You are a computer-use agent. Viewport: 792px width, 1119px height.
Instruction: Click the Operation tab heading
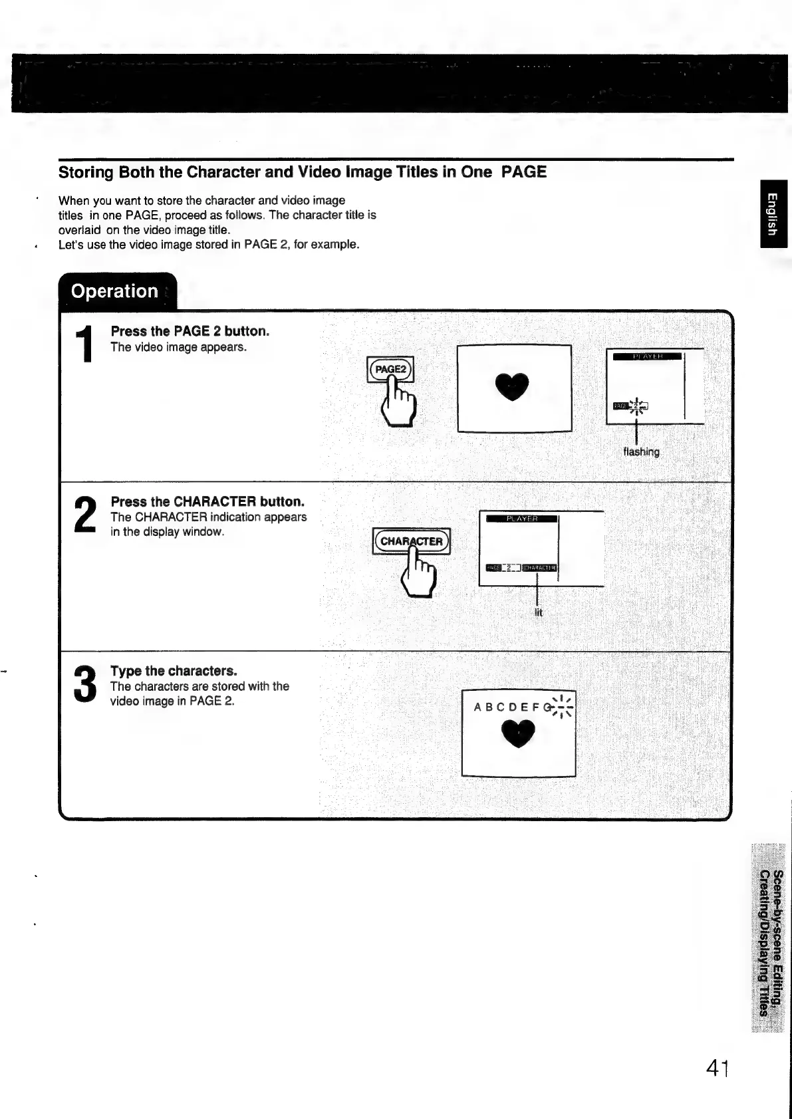(x=114, y=291)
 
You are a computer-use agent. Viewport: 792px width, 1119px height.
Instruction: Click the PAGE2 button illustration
(x=390, y=369)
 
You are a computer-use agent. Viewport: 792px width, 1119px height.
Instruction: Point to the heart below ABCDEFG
(x=518, y=734)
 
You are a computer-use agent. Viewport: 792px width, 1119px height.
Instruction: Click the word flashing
(x=641, y=452)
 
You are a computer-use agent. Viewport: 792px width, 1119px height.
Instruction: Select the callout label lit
(x=539, y=612)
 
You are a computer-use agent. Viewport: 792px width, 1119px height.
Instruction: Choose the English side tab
(x=773, y=213)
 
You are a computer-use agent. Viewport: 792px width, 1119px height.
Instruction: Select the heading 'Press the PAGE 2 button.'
(x=190, y=331)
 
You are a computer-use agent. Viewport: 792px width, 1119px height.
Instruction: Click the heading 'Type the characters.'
(x=174, y=671)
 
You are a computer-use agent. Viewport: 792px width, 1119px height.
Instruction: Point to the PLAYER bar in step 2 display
(x=522, y=519)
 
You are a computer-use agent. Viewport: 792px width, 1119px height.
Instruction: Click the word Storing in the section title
(x=86, y=172)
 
